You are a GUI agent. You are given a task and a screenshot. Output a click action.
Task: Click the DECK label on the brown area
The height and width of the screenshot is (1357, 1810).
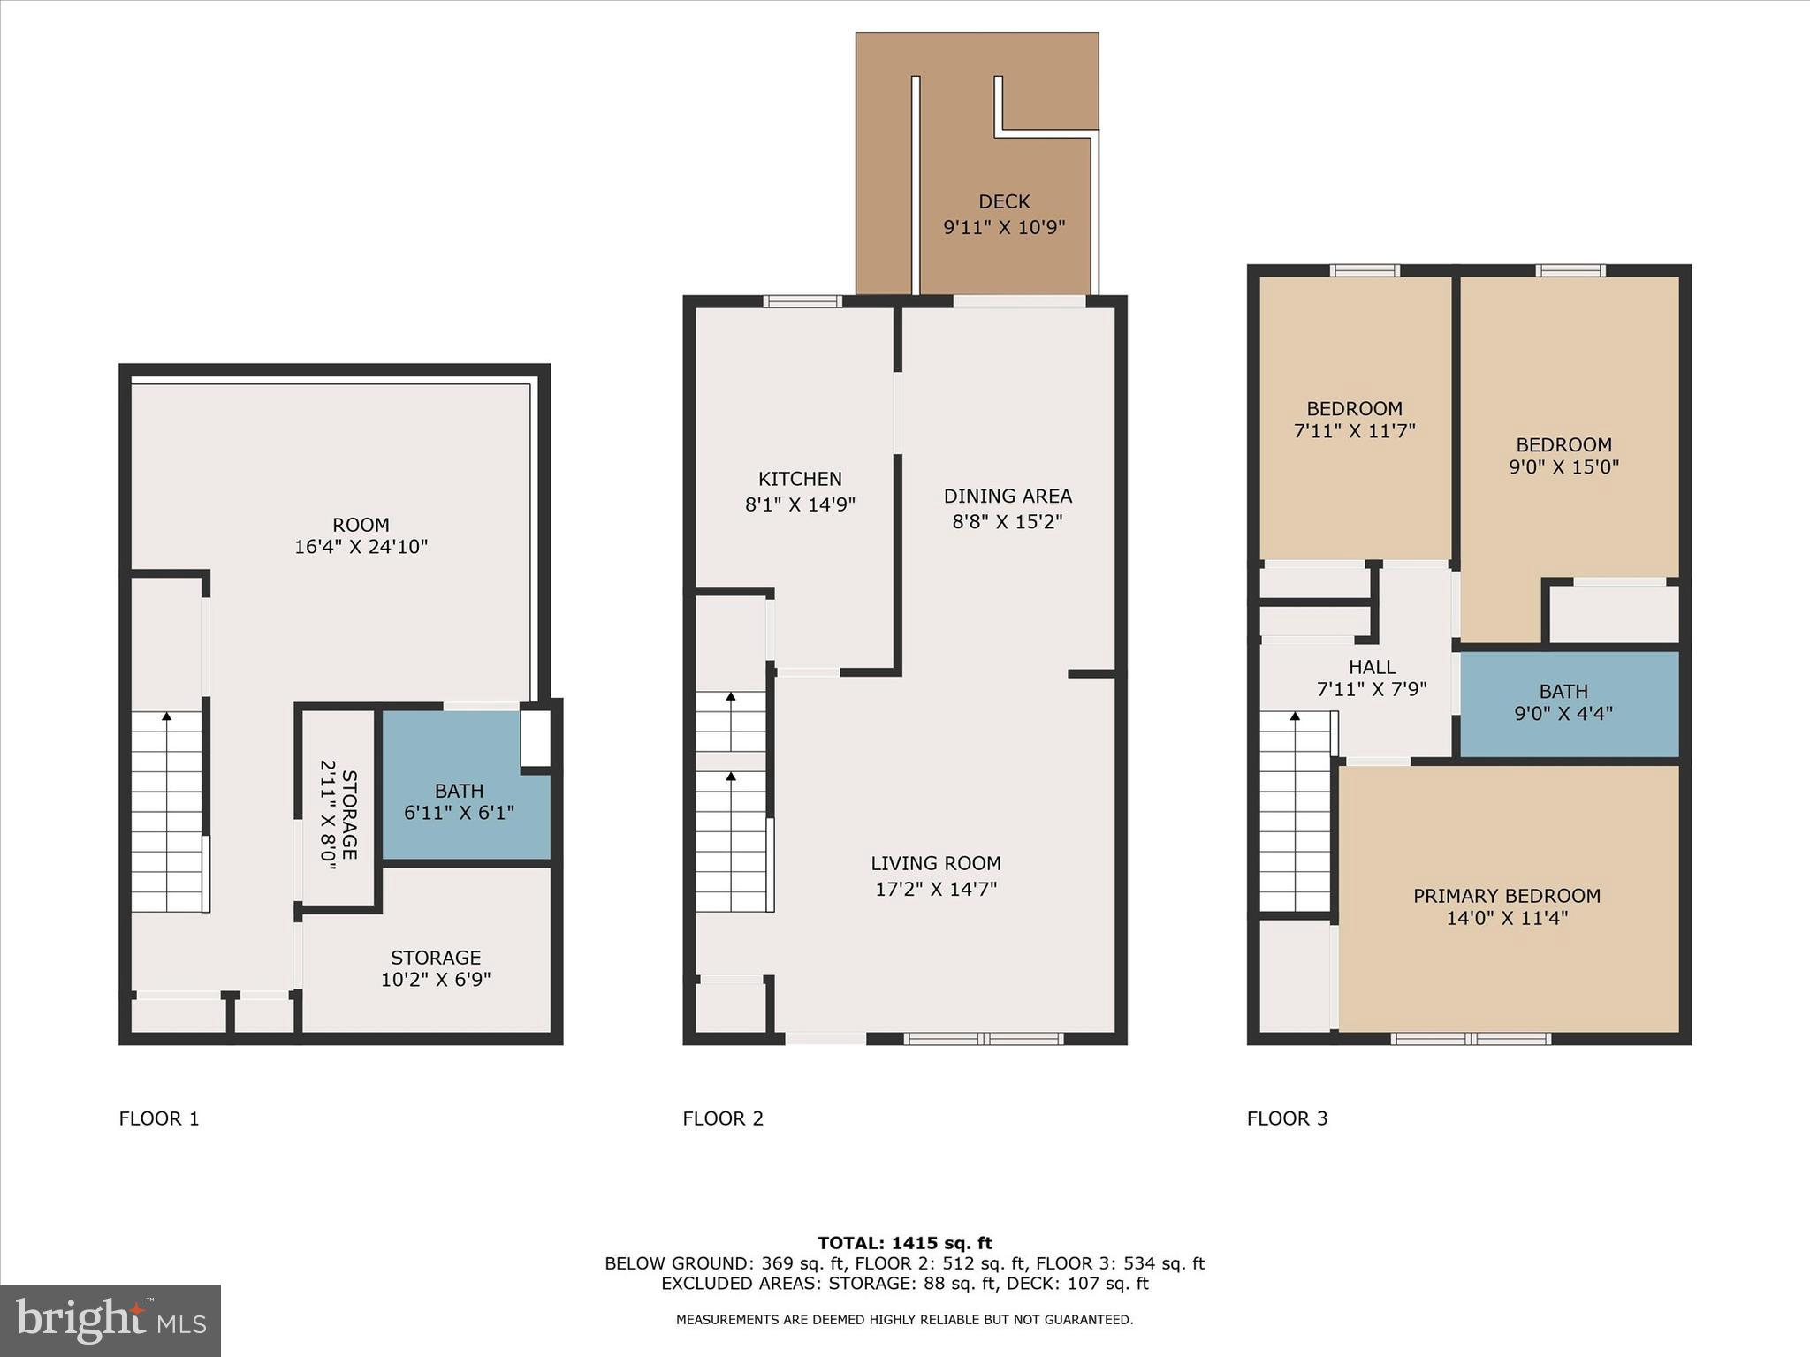click(1004, 202)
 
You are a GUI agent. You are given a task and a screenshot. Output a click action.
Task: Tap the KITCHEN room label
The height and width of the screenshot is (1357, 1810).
click(800, 479)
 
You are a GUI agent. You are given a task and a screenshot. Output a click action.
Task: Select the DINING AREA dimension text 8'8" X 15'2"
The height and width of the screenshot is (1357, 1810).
click(1007, 521)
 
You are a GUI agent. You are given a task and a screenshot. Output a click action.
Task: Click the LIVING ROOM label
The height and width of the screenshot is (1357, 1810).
click(936, 863)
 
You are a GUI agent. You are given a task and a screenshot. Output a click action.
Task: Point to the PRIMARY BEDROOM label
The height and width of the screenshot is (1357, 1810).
click(1506, 896)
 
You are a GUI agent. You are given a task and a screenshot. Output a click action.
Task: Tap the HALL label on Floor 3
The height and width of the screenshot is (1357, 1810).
click(1372, 667)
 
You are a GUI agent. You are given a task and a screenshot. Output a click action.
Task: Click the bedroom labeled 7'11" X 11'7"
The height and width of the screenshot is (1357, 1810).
click(1354, 420)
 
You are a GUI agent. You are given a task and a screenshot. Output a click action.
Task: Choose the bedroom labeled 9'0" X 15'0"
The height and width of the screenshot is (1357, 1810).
click(1563, 455)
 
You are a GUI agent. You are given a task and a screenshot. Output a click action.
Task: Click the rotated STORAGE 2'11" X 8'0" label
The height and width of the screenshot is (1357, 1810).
click(339, 815)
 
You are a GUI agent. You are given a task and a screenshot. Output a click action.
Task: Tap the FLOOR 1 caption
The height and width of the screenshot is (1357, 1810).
click(159, 1118)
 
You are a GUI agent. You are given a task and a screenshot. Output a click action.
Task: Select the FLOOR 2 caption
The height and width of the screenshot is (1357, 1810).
click(722, 1118)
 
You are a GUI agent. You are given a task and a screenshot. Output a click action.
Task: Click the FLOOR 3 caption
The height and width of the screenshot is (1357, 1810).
click(1287, 1118)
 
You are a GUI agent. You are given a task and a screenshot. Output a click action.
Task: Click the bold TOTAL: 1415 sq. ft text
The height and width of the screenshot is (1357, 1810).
click(904, 1243)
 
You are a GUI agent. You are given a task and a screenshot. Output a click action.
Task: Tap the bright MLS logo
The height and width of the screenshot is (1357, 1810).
click(110, 1321)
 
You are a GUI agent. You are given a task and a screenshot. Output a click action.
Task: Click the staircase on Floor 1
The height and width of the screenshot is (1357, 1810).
click(167, 811)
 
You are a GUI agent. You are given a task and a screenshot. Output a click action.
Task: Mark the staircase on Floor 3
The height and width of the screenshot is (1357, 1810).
click(1294, 811)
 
